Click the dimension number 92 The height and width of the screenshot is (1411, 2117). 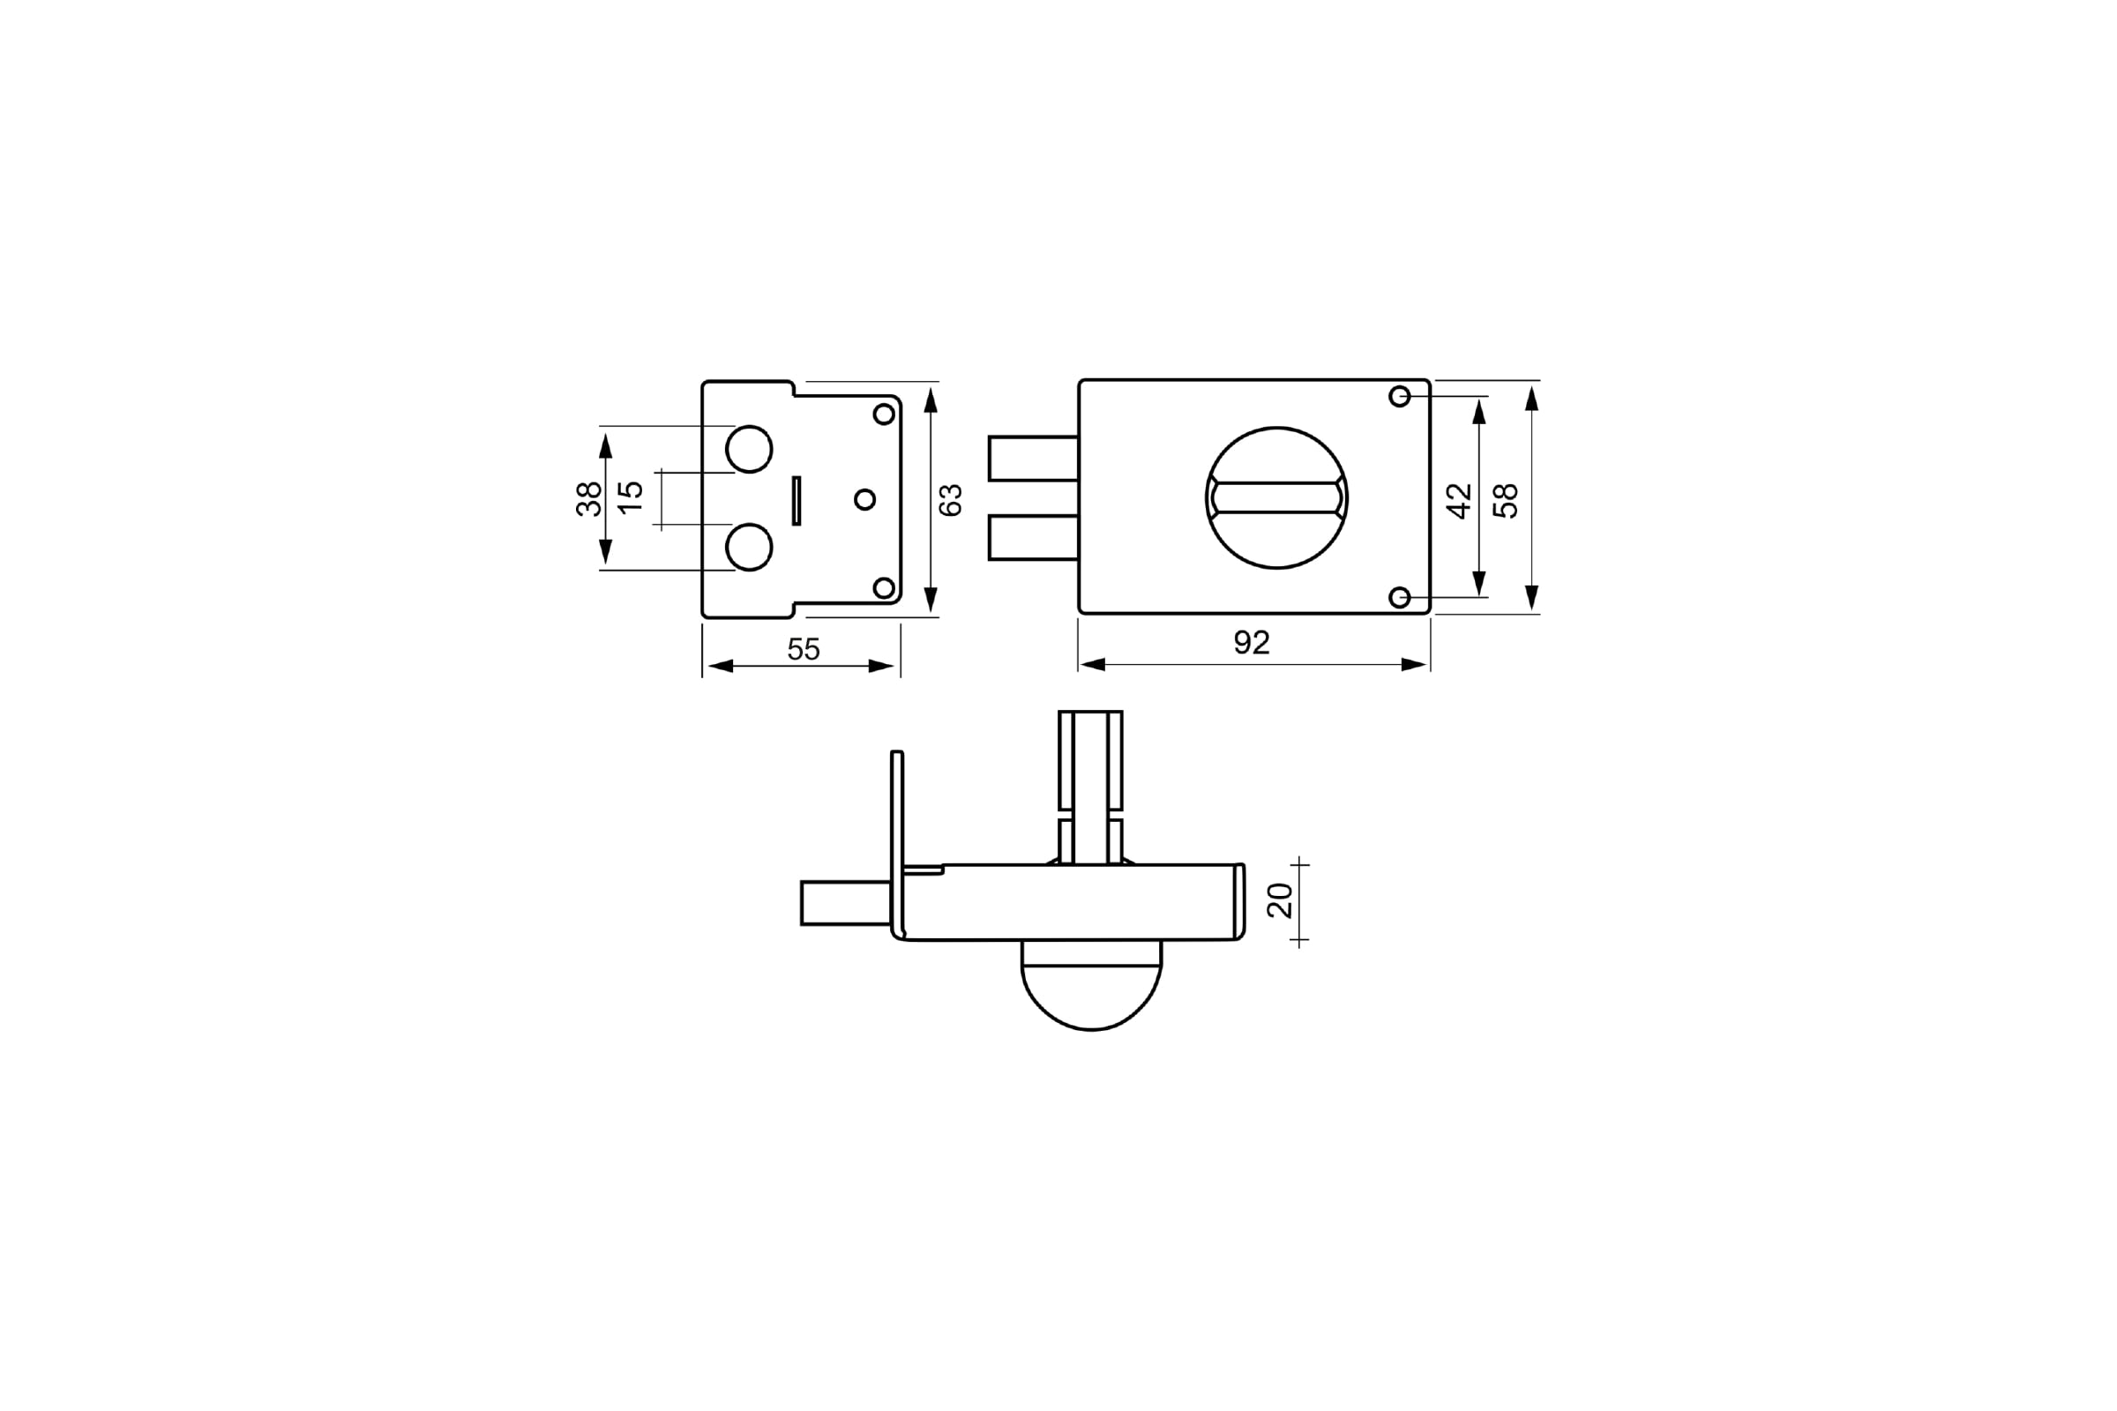pos(1251,643)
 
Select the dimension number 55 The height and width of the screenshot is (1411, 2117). pos(804,649)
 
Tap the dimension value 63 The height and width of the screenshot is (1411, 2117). pos(951,500)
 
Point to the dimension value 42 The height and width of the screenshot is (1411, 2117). pos(1459,501)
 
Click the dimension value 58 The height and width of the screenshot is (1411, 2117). pos(1506,501)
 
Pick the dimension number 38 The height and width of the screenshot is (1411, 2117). pos(588,498)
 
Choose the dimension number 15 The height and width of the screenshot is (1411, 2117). pos(632,497)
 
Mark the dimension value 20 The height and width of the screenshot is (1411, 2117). pos(1280,900)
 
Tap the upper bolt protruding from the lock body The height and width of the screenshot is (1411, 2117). pos(1033,459)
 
